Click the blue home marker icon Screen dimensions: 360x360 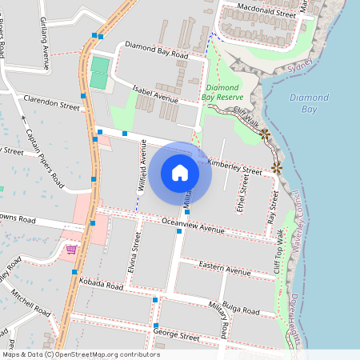pos(180,172)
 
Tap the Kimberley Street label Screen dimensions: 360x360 pos(234,166)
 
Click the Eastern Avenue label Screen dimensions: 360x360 pos(225,270)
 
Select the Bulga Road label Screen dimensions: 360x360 pos(243,309)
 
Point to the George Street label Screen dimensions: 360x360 pos(175,334)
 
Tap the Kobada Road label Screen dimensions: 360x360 pos(102,284)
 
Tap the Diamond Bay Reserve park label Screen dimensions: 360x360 pos(223,90)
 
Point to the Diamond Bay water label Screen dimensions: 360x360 pos(308,103)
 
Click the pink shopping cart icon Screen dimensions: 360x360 pos(72,250)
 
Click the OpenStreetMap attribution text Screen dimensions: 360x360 pos(81,354)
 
